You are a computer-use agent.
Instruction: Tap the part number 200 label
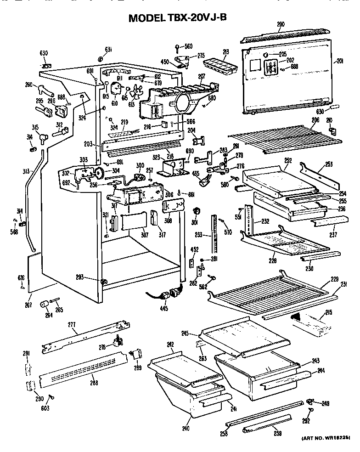click(281, 24)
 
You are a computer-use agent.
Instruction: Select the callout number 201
click(340, 61)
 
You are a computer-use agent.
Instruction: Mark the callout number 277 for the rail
click(71, 325)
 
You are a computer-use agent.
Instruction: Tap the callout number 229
click(334, 279)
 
